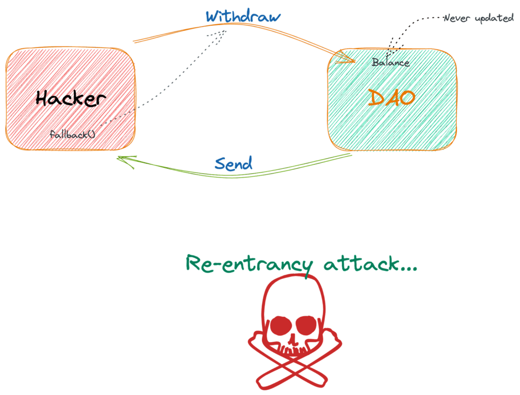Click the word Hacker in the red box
(x=72, y=98)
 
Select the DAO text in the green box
(x=392, y=97)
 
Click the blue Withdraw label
(x=243, y=16)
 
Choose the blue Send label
(x=233, y=163)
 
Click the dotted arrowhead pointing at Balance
(x=390, y=53)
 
